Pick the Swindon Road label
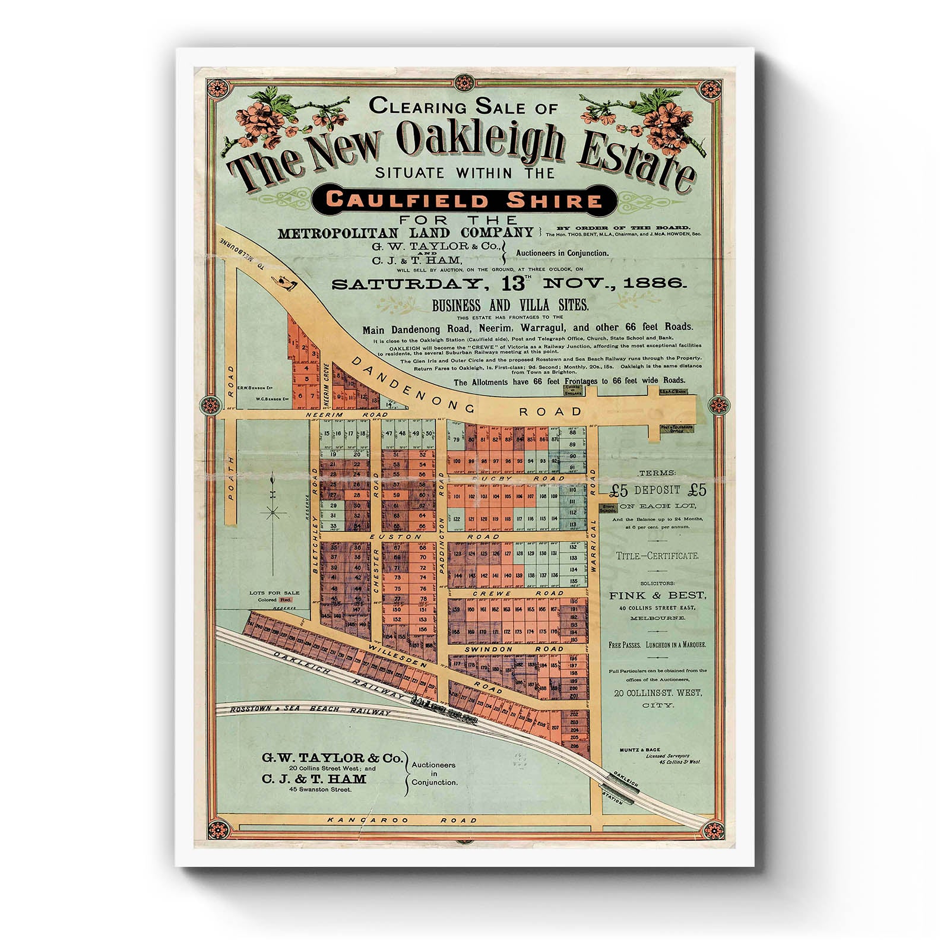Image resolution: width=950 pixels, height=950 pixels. [514, 649]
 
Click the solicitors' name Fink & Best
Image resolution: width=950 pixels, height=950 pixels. [657, 595]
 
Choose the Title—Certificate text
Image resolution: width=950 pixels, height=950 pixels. [657, 556]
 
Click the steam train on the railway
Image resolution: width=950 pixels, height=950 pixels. [445, 712]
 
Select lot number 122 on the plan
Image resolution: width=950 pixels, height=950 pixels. [456, 519]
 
